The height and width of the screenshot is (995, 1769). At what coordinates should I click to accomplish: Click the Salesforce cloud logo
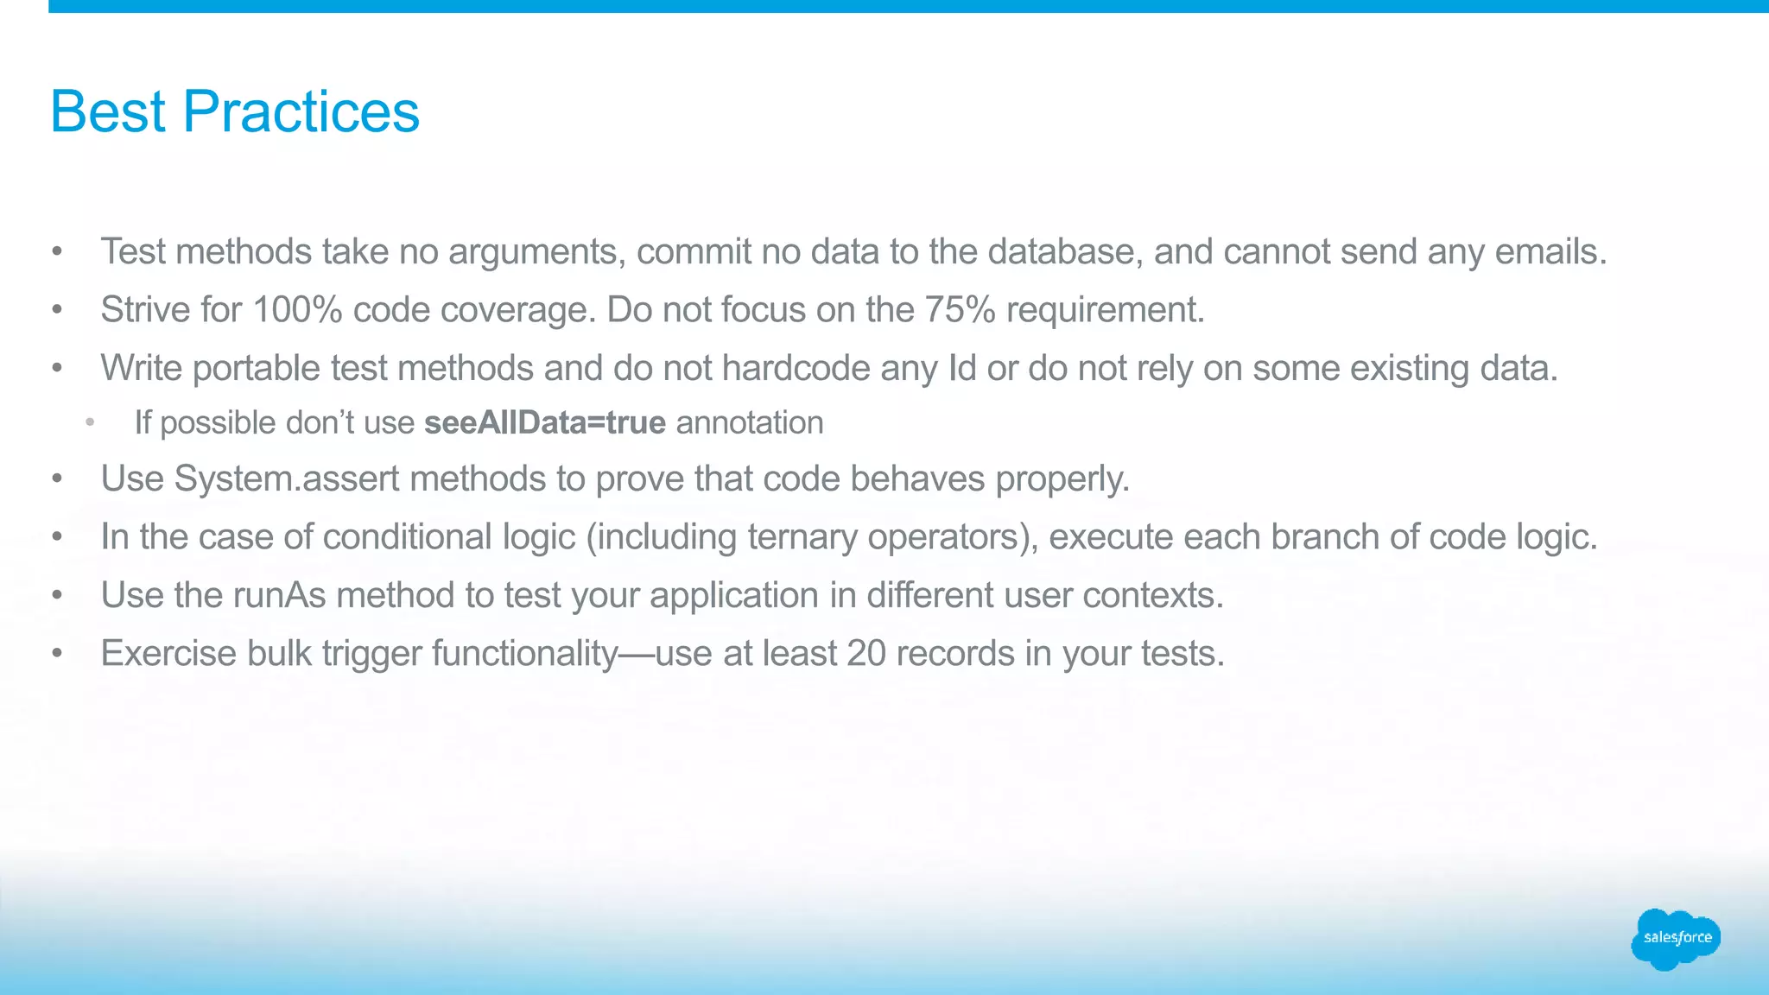[x=1675, y=938]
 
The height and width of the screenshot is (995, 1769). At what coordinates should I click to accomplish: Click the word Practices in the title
[x=301, y=112]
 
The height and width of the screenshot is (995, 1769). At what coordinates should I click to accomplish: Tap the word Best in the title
[x=108, y=112]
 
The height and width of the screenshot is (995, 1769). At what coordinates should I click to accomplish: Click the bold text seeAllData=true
[x=545, y=422]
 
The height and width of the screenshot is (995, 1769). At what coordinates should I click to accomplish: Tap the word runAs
[x=280, y=595]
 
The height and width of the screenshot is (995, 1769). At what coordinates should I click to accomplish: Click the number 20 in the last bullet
[x=866, y=653]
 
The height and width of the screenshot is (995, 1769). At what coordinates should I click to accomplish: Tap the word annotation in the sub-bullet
[x=750, y=422]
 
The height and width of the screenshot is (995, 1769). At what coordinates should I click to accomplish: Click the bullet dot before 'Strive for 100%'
[x=57, y=309]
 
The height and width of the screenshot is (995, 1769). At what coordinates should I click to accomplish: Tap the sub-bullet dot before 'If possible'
[x=90, y=422]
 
